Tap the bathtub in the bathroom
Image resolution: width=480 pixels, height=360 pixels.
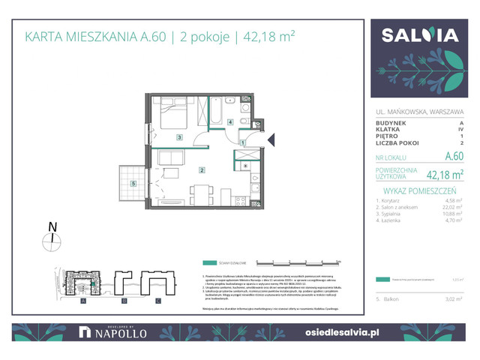216,112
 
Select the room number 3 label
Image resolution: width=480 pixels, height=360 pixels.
179,138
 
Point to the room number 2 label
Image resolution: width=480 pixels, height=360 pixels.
202,170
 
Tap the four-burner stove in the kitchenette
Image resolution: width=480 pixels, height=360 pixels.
241,200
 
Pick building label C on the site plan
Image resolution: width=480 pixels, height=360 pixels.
157,301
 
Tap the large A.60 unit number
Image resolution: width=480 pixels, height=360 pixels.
454,157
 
